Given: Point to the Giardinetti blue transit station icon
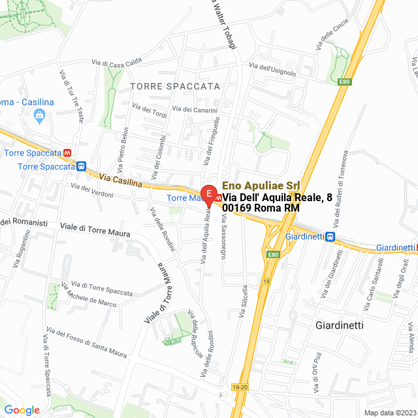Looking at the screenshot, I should pyautogui.click(x=331, y=236).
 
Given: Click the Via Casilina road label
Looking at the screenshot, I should pyautogui.click(x=121, y=180).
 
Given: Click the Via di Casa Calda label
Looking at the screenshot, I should pyautogui.click(x=117, y=62).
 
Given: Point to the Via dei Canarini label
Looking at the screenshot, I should pyautogui.click(x=195, y=110).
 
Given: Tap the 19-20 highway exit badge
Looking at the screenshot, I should pyautogui.click(x=240, y=387).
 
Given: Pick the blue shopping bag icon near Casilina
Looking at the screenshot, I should pyautogui.click(x=39, y=116).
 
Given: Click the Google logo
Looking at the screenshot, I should pyautogui.click(x=22, y=410).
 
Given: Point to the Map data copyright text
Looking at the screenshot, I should pyautogui.click(x=389, y=413).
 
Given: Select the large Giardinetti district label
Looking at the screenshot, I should pyautogui.click(x=339, y=325).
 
